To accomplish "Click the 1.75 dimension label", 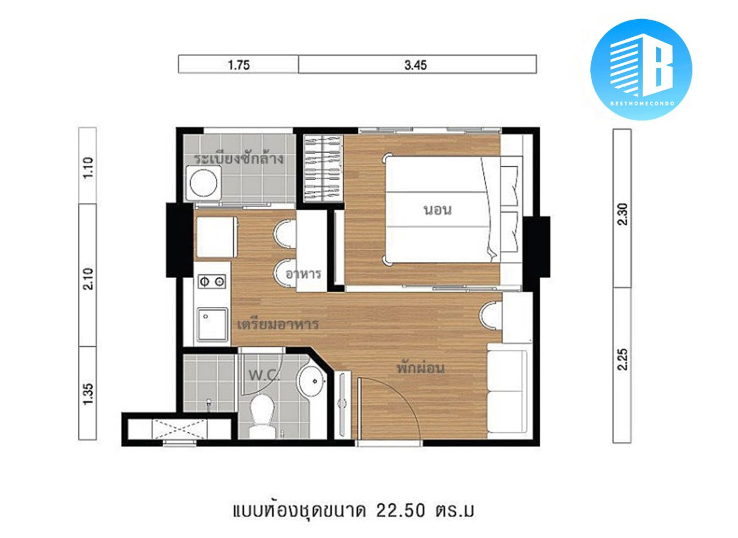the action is [239, 65].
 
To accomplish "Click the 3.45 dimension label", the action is [416, 65].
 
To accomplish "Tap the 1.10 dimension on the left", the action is [88, 168].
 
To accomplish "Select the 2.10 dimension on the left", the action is [88, 279].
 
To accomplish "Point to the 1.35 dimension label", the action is [88, 394].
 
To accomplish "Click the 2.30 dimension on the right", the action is [622, 214].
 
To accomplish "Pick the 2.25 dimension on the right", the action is [622, 359].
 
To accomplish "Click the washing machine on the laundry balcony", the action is [204, 183].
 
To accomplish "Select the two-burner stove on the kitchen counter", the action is [212, 282].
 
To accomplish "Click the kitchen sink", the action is [213, 325].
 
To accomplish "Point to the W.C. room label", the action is [264, 375].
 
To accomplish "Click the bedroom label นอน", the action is [437, 210].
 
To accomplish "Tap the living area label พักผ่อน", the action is [421, 367].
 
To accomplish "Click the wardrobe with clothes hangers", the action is [323, 168].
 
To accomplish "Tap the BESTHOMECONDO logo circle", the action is [641, 69].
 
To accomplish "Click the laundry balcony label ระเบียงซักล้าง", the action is [239, 159].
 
